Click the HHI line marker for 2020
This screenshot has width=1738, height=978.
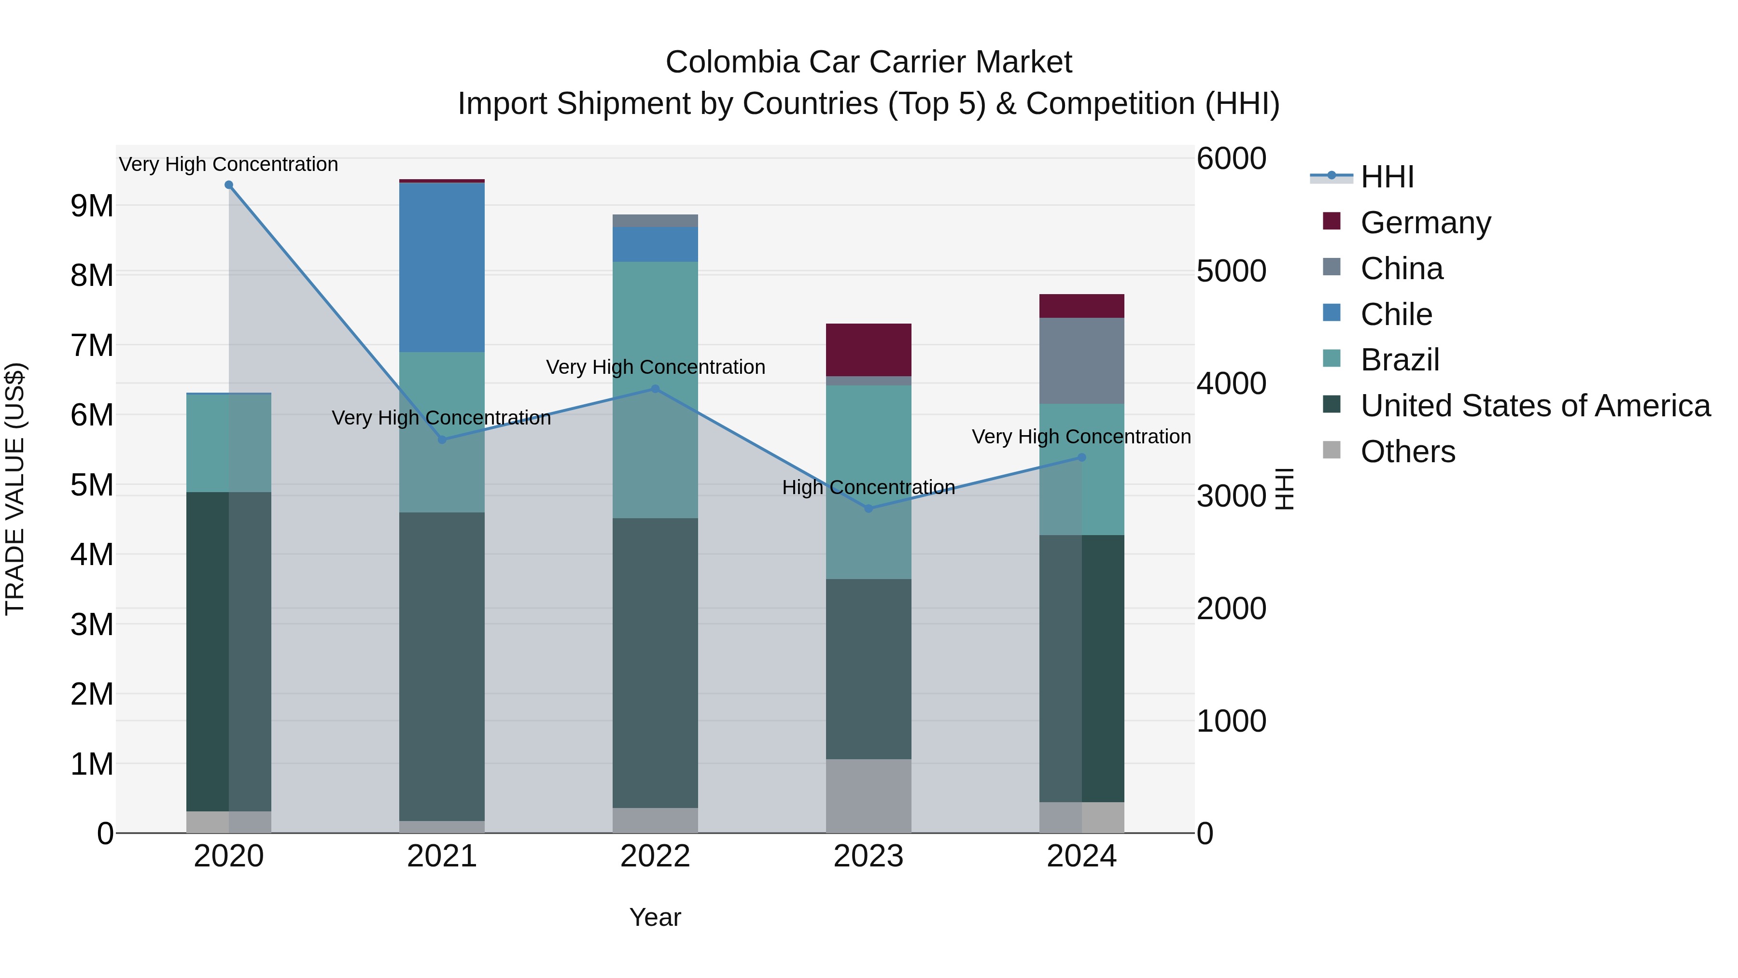(229, 185)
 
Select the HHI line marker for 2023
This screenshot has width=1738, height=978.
(869, 508)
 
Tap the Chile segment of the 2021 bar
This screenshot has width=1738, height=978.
(442, 267)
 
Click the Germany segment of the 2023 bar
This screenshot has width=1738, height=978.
(869, 350)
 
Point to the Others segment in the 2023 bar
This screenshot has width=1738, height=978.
(869, 796)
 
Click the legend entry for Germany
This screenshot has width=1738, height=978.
(1425, 223)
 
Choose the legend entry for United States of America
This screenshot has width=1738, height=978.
(1535, 406)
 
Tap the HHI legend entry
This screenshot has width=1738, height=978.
(1387, 177)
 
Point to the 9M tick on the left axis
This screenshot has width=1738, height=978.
(92, 205)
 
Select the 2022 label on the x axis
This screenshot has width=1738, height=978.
(655, 856)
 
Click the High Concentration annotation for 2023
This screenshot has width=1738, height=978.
(869, 487)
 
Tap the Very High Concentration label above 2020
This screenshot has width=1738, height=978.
(229, 164)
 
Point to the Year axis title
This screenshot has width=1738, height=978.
(655, 917)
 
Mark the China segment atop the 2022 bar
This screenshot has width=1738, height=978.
(655, 221)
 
